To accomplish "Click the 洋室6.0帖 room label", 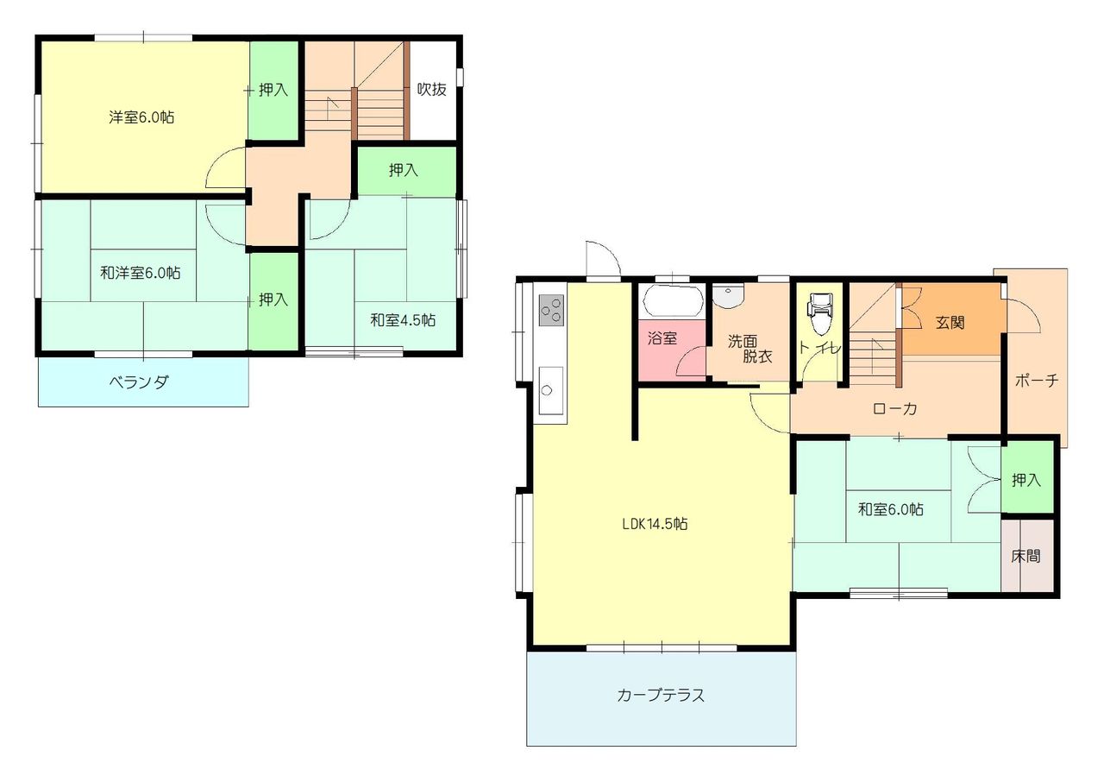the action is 141,117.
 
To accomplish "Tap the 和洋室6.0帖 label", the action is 141,272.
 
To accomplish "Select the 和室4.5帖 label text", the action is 403,320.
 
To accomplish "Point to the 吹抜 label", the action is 432,89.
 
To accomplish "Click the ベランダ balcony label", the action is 139,382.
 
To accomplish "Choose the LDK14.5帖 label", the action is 655,524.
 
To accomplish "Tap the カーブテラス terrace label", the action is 661,695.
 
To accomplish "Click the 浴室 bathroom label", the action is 662,338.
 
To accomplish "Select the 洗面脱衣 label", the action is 750,349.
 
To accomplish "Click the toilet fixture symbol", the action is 819,313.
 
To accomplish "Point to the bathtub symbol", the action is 671,301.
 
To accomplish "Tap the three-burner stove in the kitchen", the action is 551,310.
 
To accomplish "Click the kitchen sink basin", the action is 550,390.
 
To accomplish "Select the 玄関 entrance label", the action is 950,323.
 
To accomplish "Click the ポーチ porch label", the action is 1037,381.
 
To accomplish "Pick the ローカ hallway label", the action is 894,409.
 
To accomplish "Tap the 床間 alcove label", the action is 1026,556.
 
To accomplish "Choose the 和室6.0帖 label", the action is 891,509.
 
